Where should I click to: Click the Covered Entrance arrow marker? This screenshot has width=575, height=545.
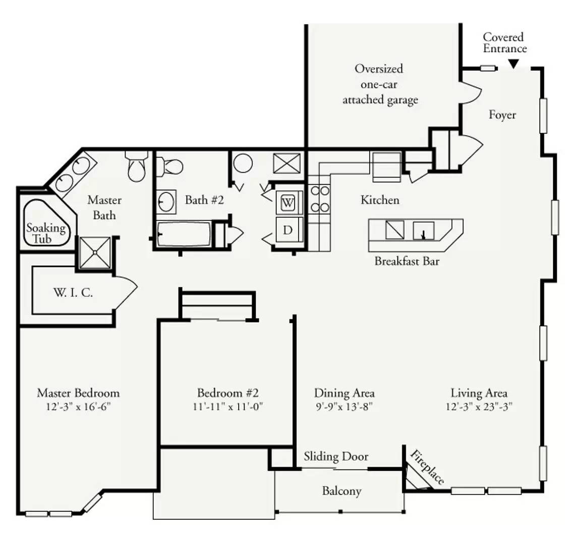point(513,64)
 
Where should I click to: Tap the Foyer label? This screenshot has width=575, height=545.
point(502,115)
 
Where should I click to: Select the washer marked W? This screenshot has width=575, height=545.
point(288,203)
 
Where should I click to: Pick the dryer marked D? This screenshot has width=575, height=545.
point(288,230)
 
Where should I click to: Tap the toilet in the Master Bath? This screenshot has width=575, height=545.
point(136,166)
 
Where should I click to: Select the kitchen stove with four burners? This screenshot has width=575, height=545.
point(319,199)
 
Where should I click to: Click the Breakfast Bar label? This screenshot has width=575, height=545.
point(407,261)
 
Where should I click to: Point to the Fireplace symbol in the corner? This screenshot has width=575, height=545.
point(418,476)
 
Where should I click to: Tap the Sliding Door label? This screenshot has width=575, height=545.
point(336,457)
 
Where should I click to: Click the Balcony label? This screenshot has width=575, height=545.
point(342,491)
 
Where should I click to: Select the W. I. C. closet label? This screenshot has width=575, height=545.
point(73,293)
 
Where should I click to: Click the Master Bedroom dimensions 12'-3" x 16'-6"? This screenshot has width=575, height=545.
point(78,407)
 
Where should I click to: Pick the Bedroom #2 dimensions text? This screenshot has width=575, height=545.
point(227,407)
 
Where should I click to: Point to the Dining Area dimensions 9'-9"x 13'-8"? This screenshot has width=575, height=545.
point(344,407)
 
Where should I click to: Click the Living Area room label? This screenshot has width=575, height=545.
point(479,394)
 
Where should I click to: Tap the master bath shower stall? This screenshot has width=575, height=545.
point(95,252)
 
